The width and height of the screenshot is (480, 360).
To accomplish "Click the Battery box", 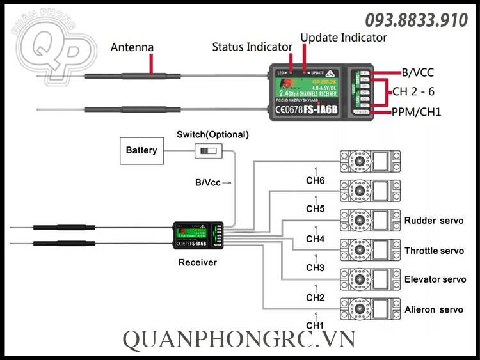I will [141, 150].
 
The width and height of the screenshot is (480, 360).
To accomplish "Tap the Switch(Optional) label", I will [212, 135].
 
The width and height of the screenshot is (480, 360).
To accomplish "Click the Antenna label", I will [132, 47].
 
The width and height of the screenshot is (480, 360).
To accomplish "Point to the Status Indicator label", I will [252, 47].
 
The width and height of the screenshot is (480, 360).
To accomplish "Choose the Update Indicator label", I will [344, 38].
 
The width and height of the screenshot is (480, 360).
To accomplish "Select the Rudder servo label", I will [433, 221].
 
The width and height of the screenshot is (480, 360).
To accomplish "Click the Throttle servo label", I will [434, 251].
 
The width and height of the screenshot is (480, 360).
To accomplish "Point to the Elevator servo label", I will [435, 279].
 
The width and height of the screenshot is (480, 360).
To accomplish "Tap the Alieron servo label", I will [433, 309].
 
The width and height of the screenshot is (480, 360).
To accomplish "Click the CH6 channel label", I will [316, 181].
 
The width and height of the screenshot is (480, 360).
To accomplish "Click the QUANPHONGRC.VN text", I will [240, 341].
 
